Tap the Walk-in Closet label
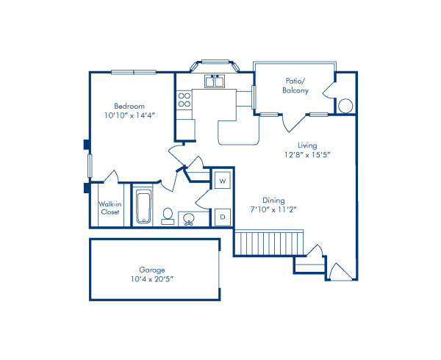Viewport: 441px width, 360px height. pyautogui.click(x=110, y=208)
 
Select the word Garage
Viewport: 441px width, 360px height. pyautogui.click(x=151, y=270)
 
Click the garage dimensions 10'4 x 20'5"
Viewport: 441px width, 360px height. pyautogui.click(x=151, y=280)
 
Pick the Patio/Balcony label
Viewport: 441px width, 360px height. pyautogui.click(x=295, y=86)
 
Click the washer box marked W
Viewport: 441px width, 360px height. pyautogui.click(x=222, y=179)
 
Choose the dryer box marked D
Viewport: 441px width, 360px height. pyautogui.click(x=222, y=217)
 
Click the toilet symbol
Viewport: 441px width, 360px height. pyautogui.click(x=168, y=215)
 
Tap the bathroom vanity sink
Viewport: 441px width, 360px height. pyautogui.click(x=189, y=218)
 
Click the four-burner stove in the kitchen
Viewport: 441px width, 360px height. pyautogui.click(x=184, y=100)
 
